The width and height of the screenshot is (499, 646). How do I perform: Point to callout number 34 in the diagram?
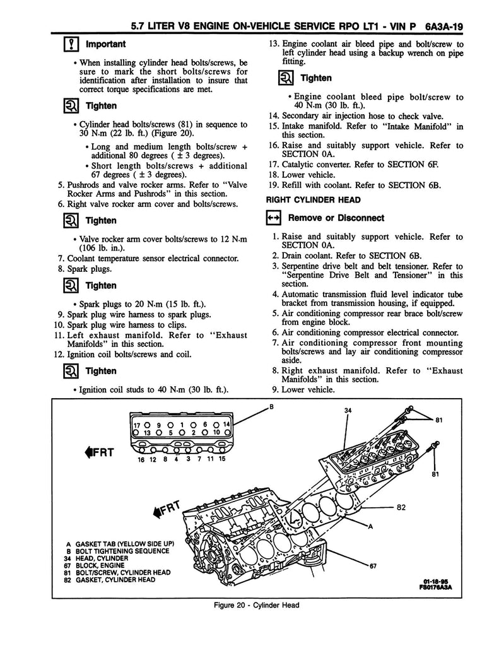point(348,411)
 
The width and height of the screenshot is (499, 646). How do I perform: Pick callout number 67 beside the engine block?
point(373,565)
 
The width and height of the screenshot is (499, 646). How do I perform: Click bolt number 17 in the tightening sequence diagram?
point(136,424)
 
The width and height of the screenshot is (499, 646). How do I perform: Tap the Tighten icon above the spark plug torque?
point(71,286)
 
